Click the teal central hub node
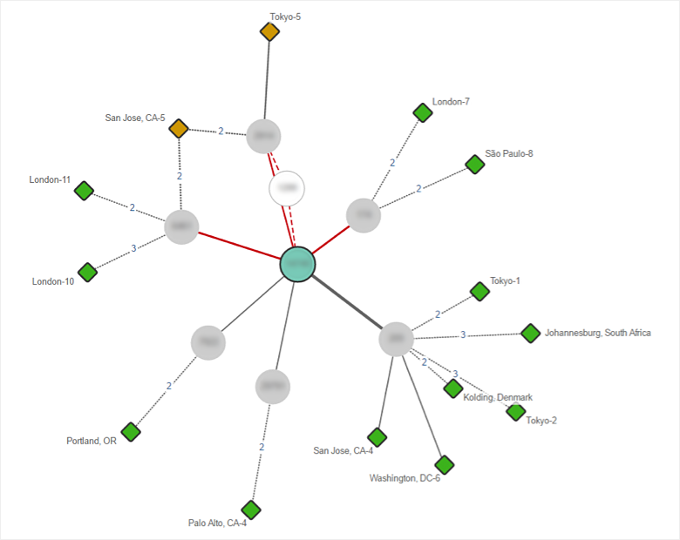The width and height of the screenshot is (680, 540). (x=297, y=264)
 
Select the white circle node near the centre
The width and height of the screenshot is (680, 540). (x=287, y=188)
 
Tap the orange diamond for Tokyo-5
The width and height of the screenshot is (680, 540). (x=270, y=32)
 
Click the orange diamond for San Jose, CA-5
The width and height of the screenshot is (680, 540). (x=179, y=129)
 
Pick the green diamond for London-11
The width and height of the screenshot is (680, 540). (x=84, y=191)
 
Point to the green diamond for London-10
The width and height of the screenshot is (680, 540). (x=87, y=273)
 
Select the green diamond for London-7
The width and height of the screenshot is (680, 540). (x=423, y=112)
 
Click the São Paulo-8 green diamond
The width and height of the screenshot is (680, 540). (x=474, y=164)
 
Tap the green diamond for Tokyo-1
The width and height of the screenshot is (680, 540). (x=479, y=291)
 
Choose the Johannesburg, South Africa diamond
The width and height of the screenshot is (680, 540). (x=530, y=333)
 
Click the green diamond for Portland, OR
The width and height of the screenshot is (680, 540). (x=131, y=431)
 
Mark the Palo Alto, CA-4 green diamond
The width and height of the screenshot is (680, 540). (x=251, y=510)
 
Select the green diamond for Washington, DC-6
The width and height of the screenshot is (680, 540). (x=444, y=464)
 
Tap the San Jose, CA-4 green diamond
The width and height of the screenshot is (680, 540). (x=377, y=436)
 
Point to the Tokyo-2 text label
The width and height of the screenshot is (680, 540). (x=541, y=421)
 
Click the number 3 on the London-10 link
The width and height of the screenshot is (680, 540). (x=133, y=248)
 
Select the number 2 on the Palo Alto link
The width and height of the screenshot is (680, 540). (x=261, y=447)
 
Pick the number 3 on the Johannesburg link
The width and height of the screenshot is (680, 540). (x=463, y=334)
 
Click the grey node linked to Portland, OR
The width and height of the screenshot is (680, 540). (x=208, y=342)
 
